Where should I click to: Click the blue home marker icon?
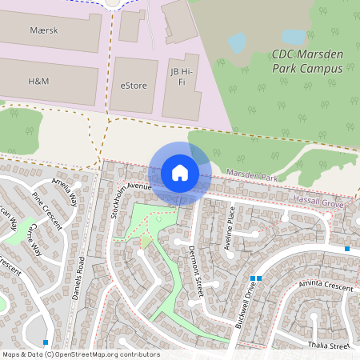click(x=180, y=173)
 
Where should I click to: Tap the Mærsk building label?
click(x=44, y=30)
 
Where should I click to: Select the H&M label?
click(x=38, y=82)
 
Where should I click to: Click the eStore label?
click(x=134, y=85)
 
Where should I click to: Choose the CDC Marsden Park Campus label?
click(x=306, y=62)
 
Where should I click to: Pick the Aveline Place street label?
click(x=230, y=228)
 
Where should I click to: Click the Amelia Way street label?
click(x=64, y=193)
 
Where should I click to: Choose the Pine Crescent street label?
click(x=46, y=210)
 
